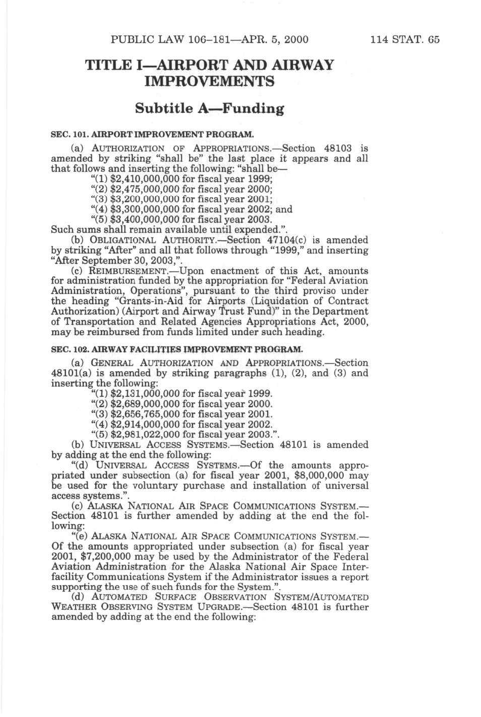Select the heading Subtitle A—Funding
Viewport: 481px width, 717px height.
(209, 108)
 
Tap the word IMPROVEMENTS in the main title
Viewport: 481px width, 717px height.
(209, 81)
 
